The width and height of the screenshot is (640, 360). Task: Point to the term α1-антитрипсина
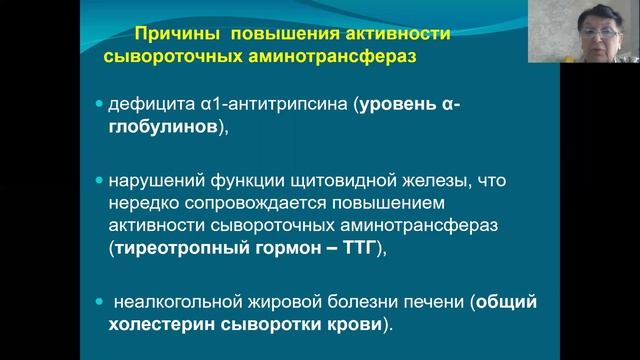pyautogui.click(x=269, y=104)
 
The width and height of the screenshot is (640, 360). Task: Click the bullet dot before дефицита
pyautogui.click(x=98, y=104)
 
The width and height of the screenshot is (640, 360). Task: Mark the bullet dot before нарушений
pyautogui.click(x=98, y=182)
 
